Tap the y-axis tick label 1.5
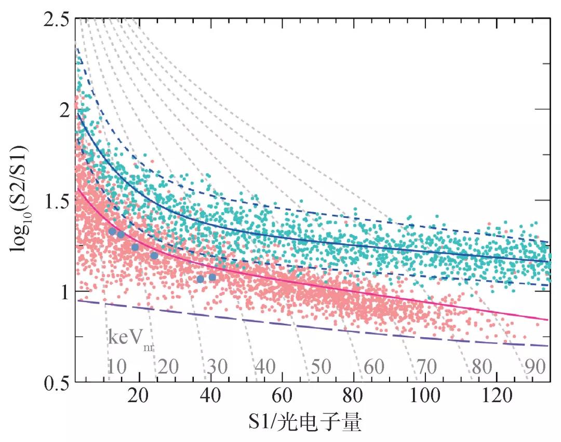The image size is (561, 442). tap(55, 201)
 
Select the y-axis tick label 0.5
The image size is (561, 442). tap(55, 383)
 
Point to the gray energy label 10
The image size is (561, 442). tap(117, 367)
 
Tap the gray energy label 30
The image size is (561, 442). tap(218, 367)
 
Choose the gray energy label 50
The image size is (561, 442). tap(320, 367)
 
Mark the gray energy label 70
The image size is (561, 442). tap(427, 367)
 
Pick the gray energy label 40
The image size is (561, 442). tap(265, 367)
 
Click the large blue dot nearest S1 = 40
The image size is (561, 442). tap(212, 278)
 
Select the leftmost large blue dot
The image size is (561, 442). tap(112, 231)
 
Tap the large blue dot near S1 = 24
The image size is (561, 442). tap(154, 255)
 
